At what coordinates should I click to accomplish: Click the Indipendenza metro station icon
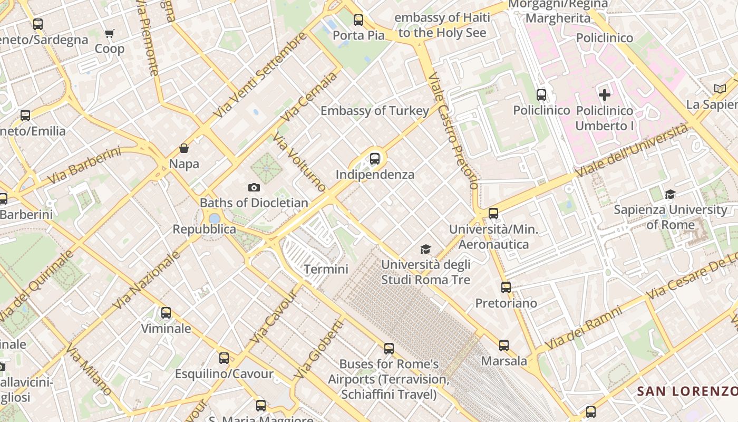(375, 158)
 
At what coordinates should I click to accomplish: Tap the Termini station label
(326, 269)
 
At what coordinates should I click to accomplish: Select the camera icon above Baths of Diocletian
(254, 187)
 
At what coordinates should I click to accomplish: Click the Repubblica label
(205, 229)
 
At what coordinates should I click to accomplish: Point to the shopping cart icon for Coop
(109, 34)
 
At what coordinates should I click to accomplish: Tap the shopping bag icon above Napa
(184, 148)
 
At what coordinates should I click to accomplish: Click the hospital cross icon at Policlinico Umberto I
(605, 95)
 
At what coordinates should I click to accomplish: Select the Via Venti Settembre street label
(260, 75)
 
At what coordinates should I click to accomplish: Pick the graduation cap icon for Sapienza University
(670, 194)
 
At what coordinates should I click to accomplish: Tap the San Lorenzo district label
(687, 391)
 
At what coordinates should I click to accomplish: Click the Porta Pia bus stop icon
(358, 20)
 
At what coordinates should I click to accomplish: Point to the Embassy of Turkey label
(375, 111)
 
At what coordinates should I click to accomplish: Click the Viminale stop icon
(166, 313)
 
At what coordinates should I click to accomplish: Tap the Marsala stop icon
(504, 346)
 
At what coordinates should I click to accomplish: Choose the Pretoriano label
(506, 303)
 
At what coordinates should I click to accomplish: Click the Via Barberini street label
(84, 166)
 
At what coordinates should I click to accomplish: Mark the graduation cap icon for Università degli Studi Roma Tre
(425, 249)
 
